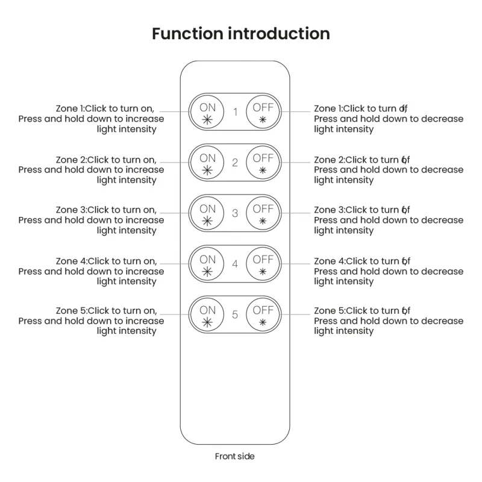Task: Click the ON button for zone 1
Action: click(207, 112)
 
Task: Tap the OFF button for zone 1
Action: click(263, 112)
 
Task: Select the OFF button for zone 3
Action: click(263, 213)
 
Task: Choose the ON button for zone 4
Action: click(207, 264)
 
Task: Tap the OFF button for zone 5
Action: click(263, 315)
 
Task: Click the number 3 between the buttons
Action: click(235, 213)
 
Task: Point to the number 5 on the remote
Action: click(235, 315)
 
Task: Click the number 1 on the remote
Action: click(235, 112)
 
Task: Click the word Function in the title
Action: click(187, 34)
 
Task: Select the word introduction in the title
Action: click(279, 34)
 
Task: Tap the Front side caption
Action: click(234, 456)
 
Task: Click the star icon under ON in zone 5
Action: click(207, 322)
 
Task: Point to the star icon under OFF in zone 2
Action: click(263, 170)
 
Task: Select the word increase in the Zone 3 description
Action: click(145, 220)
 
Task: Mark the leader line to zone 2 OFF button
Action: click(296, 162)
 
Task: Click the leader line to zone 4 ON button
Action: click(174, 263)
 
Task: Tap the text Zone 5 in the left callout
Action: click(71, 311)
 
